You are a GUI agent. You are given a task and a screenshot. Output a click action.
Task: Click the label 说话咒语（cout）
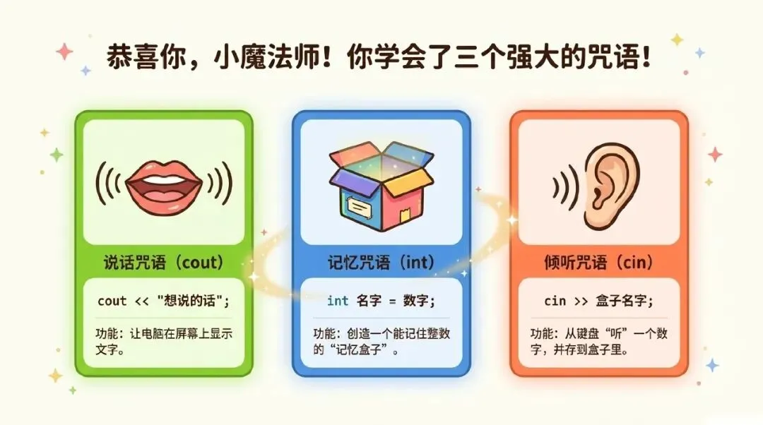click(x=163, y=263)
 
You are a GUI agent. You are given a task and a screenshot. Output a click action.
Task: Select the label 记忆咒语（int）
click(x=381, y=263)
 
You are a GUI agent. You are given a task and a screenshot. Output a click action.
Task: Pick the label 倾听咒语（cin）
click(x=599, y=263)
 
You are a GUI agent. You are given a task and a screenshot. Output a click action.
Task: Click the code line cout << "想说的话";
click(x=163, y=301)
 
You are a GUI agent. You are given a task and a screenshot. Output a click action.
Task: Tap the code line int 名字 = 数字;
click(x=381, y=301)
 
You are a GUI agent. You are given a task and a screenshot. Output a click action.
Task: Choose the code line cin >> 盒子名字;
click(x=599, y=301)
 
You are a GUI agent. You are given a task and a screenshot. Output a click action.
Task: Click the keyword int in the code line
click(x=337, y=301)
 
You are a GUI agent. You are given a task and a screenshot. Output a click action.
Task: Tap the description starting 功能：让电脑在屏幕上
click(x=158, y=340)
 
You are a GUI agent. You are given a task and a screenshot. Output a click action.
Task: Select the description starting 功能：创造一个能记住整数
click(x=381, y=340)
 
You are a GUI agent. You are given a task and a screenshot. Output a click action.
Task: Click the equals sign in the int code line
click(x=391, y=301)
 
